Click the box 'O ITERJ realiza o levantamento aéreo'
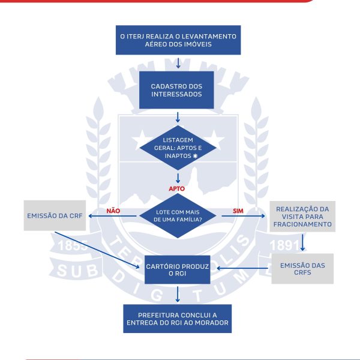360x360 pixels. [178, 40]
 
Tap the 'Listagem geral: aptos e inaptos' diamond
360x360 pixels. [177, 148]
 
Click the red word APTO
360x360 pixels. [176, 188]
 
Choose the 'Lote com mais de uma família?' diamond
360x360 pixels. [177, 215]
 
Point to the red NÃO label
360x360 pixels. [113, 211]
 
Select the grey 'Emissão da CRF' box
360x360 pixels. [55, 215]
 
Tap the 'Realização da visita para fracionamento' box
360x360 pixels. [303, 216]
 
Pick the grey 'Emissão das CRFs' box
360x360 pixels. [302, 268]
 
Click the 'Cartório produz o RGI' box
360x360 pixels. [177, 268]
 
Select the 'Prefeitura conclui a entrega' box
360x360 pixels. [177, 318]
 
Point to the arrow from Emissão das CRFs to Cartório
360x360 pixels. [243, 269]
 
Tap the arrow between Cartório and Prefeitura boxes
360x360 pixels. [178, 293]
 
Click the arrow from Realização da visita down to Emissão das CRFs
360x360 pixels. [304, 242]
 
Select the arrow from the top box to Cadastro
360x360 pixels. [178, 63]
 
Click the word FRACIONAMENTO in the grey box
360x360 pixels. [303, 224]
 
